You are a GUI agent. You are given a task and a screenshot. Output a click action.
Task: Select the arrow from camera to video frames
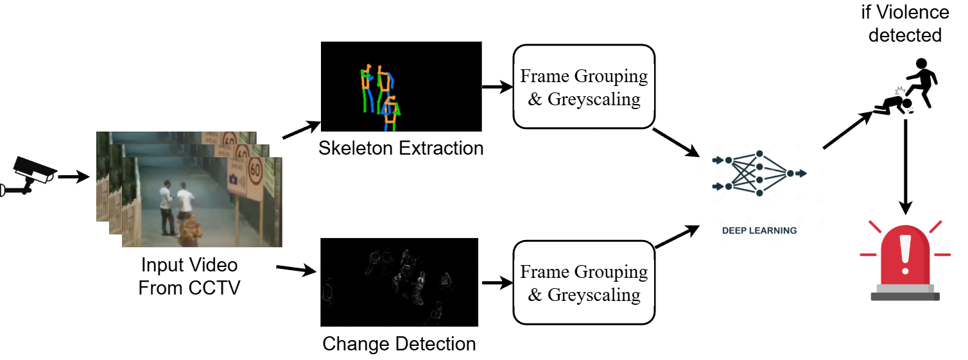tap(73, 176)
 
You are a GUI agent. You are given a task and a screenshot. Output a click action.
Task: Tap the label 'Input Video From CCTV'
tap(189, 275)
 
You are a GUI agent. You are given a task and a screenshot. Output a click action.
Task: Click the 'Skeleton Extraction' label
tap(401, 148)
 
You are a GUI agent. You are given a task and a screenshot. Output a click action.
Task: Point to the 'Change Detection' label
tap(399, 344)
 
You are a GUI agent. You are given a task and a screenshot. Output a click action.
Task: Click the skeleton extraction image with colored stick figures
tap(401, 87)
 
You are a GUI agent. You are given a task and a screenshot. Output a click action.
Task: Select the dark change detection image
tap(399, 282)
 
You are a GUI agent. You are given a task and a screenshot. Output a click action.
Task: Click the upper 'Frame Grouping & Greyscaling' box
tap(583, 87)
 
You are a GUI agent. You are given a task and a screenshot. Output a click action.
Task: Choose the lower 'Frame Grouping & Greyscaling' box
tap(583, 282)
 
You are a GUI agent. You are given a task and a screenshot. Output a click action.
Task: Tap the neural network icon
tap(759, 173)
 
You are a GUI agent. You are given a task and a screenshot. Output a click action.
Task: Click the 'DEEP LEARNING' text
tap(759, 230)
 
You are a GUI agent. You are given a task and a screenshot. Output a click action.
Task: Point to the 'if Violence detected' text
tap(905, 23)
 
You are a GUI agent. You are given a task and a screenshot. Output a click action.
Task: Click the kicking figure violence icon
tap(907, 87)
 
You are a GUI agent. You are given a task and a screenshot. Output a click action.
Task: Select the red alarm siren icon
tap(904, 260)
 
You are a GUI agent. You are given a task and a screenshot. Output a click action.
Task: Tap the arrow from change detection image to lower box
tap(496, 282)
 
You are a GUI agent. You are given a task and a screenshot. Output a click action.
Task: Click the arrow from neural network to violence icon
tap(847, 132)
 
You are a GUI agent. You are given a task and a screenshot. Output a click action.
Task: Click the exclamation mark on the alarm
tap(905, 253)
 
